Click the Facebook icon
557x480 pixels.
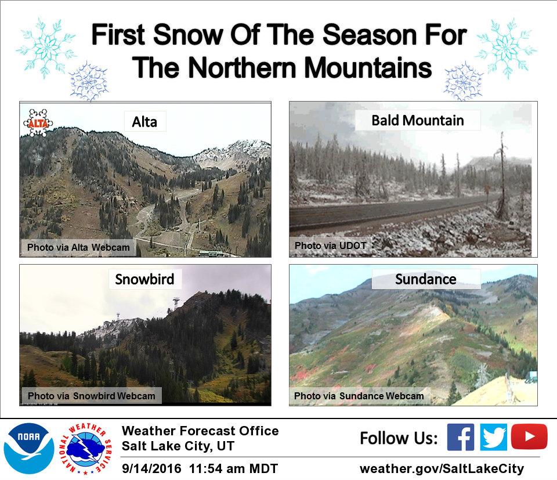460,437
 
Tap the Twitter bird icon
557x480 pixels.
493,437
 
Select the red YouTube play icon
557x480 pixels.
529,436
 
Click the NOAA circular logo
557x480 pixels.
29,449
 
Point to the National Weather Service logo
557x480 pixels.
86,449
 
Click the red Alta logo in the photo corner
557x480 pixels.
38,123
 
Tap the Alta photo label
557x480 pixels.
144,122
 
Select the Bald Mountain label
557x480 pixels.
418,121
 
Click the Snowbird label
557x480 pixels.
144,279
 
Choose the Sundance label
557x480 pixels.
426,279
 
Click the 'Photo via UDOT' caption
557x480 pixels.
330,246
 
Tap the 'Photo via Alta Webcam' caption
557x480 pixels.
78,247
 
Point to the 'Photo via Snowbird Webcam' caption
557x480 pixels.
92,396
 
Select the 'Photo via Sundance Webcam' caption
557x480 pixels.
359,396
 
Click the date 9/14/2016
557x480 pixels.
151,468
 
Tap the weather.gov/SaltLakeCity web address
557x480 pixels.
442,468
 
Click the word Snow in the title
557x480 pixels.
188,35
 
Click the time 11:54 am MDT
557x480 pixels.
233,468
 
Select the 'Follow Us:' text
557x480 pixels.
399,438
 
